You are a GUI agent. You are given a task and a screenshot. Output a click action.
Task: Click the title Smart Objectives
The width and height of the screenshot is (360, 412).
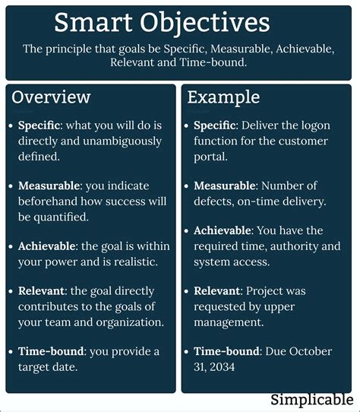[162, 24]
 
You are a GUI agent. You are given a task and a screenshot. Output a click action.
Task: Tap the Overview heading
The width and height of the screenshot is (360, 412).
[51, 97]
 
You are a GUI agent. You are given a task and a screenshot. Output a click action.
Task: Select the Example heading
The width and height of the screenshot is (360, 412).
[223, 97]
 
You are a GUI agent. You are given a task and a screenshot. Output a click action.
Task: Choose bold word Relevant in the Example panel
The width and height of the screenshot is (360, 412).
[216, 290]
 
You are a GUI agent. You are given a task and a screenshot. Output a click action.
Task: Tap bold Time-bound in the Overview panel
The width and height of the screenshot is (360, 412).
[50, 350]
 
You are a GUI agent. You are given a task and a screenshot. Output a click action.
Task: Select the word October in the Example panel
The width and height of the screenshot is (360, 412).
[309, 351]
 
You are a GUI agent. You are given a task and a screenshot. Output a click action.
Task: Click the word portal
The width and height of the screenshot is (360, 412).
[210, 157]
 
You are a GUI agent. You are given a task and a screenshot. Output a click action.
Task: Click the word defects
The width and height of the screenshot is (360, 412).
[213, 201]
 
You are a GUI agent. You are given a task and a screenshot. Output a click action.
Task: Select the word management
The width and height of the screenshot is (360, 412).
[229, 322]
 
